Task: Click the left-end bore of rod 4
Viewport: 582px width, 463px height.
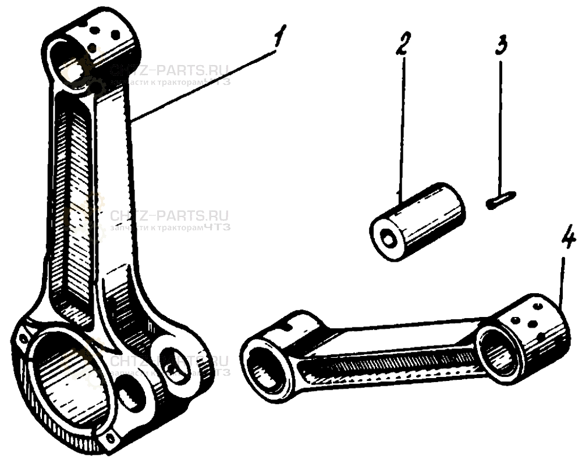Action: click(267, 366)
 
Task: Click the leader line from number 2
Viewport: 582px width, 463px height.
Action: click(400, 128)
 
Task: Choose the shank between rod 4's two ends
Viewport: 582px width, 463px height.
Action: click(384, 355)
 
